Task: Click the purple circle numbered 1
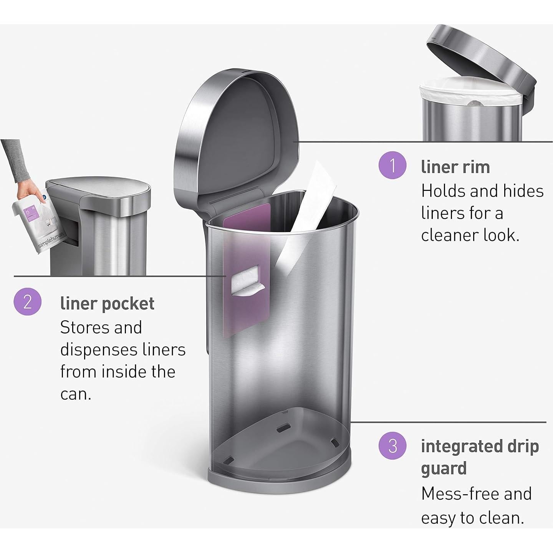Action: pyautogui.click(x=392, y=166)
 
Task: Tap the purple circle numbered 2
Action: pyautogui.click(x=27, y=302)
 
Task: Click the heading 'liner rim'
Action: pyautogui.click(x=455, y=167)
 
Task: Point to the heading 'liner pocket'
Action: pyautogui.click(x=107, y=303)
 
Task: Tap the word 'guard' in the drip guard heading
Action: pyautogui.click(x=444, y=469)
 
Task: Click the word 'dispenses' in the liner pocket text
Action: pyautogui.click(x=95, y=350)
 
